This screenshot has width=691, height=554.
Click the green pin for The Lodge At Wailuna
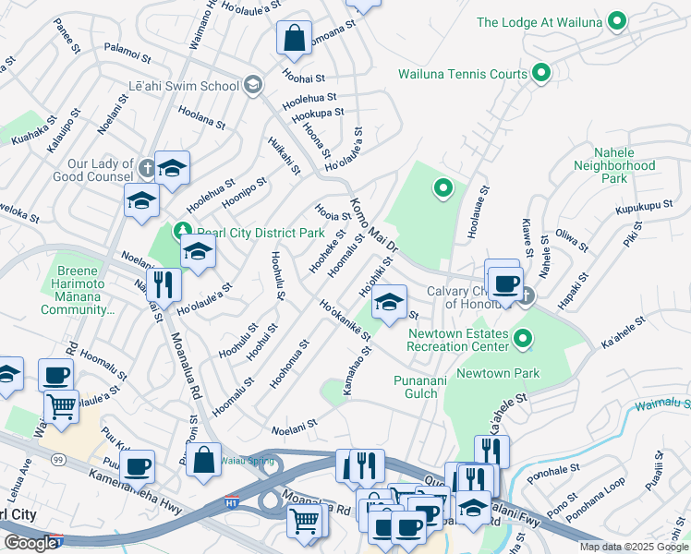pyautogui.click(x=618, y=21)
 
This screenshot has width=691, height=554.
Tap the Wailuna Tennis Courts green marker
pyautogui.click(x=541, y=73)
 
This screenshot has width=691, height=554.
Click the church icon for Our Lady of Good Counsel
pyautogui.click(x=148, y=169)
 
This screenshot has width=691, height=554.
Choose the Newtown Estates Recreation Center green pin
pyautogui.click(x=523, y=339)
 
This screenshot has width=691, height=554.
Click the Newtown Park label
pyautogui.click(x=503, y=373)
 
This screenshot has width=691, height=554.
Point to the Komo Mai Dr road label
pyautogui.click(x=373, y=225)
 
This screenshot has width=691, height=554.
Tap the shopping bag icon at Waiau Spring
pyautogui.click(x=203, y=459)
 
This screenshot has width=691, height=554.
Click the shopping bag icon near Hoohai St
pyautogui.click(x=294, y=38)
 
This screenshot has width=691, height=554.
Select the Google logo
pyautogui.click(x=30, y=543)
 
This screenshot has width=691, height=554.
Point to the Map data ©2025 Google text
pyautogui.click(x=633, y=547)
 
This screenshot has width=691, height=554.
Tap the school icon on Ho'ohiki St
pyautogui.click(x=390, y=301)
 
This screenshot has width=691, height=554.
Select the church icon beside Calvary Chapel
pyautogui.click(x=526, y=295)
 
